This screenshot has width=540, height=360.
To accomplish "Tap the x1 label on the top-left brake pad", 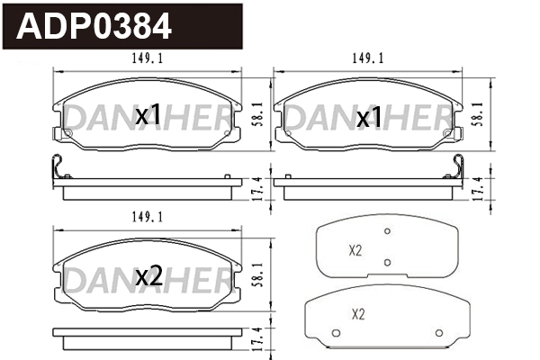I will (x=148, y=115).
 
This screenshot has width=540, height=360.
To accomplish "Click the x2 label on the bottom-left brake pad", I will (x=148, y=277).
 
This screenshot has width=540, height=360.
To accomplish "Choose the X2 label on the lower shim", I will (x=358, y=315).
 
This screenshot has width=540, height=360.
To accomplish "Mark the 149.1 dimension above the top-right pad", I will (x=368, y=59).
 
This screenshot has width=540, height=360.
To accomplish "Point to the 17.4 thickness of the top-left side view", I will (x=258, y=188).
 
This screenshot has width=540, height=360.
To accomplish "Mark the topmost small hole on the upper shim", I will (x=387, y=231).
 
